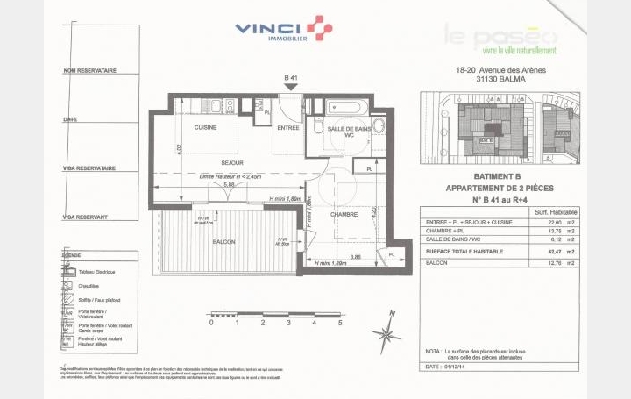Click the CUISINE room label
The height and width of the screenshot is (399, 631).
(205, 127)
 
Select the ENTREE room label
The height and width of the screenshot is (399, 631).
(288, 127)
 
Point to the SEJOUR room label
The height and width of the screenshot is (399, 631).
(207, 163)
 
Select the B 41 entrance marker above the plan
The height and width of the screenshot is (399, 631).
(292, 80)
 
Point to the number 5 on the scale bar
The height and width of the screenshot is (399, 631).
(339, 323)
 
